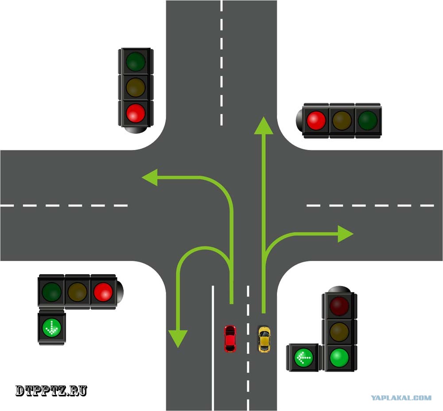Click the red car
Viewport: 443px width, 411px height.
[x=230, y=339]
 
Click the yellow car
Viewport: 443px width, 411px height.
[x=264, y=339]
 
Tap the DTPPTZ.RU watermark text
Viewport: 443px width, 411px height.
[x=51, y=391]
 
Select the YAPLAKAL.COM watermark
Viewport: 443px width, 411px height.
[x=401, y=398]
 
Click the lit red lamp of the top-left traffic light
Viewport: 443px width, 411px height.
[x=136, y=113]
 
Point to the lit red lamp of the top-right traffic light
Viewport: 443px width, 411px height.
[x=316, y=120]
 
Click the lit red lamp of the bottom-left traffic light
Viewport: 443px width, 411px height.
[x=103, y=292]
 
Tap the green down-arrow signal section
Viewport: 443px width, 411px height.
[x=52, y=328]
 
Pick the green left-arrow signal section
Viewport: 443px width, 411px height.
[x=303, y=357]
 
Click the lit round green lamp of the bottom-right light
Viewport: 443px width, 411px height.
[x=339, y=358]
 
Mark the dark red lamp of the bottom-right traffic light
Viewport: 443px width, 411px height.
[x=339, y=306]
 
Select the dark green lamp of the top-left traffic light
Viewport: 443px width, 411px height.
[x=136, y=61]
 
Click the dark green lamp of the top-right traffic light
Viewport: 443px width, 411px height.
[x=368, y=120]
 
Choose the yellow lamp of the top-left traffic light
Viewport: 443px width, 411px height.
[x=136, y=87]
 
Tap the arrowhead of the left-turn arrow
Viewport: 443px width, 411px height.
[x=150, y=178]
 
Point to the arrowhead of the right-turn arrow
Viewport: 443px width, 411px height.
[x=345, y=234]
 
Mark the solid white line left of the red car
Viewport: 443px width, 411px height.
[x=213, y=348]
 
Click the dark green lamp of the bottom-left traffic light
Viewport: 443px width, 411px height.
[x=52, y=292]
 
